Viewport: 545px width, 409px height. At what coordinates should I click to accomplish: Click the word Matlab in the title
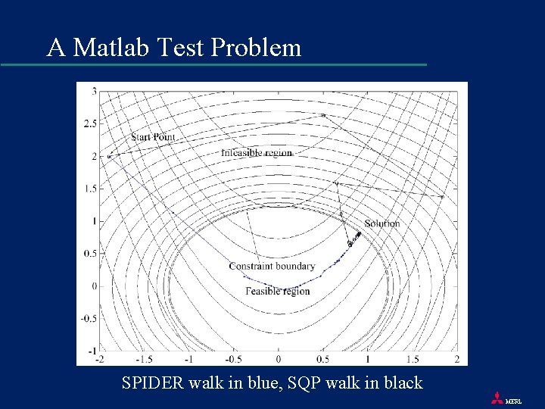point(114,48)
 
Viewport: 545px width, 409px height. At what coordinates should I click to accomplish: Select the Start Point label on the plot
point(153,137)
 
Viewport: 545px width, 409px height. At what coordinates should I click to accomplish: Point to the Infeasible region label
point(257,153)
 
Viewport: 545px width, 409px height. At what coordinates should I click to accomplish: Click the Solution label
point(381,223)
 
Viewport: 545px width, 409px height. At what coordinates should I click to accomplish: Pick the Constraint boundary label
point(272,267)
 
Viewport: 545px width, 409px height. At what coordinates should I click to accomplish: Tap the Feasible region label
point(278,291)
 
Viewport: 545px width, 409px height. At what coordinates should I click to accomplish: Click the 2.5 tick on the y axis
point(90,123)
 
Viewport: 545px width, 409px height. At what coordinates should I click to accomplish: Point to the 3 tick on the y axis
point(94,91)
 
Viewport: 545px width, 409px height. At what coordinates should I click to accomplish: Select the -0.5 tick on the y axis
point(89,319)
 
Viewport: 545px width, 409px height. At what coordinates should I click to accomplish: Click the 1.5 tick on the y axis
point(90,189)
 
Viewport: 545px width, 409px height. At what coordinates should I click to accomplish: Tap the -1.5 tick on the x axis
point(144,359)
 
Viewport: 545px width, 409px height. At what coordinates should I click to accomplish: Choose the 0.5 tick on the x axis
point(323,359)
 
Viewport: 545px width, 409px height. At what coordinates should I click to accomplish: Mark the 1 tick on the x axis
point(368,359)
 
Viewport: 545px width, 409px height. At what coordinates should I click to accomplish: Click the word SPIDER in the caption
point(151,383)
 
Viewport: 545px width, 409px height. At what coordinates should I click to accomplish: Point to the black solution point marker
point(359,233)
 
